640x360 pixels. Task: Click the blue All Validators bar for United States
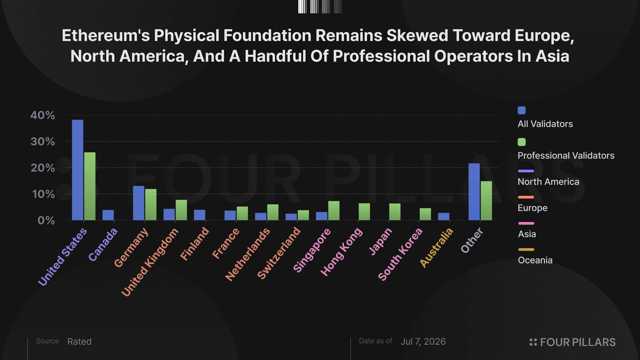click(x=78, y=170)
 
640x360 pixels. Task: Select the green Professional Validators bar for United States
click(x=90, y=186)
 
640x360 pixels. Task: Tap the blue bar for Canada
click(x=108, y=215)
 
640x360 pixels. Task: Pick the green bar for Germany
click(x=151, y=205)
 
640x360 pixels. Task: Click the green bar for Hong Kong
click(x=364, y=212)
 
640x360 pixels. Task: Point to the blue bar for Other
click(x=474, y=192)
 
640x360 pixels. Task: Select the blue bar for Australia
click(x=444, y=217)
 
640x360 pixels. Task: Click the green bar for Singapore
click(x=334, y=211)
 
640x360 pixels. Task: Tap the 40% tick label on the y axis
click(x=43, y=115)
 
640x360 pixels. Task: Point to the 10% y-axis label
click(x=43, y=194)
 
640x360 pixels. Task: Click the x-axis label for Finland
click(x=195, y=244)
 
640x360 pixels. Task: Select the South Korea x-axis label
click(x=400, y=254)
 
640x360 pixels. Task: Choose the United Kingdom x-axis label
click(x=150, y=262)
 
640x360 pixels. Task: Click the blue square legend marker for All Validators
click(x=522, y=110)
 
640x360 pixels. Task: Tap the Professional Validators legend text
click(x=566, y=156)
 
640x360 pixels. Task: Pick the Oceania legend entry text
click(x=535, y=260)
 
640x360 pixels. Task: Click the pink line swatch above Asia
click(x=526, y=223)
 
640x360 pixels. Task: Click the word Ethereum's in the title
click(x=106, y=36)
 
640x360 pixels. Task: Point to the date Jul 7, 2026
click(x=423, y=342)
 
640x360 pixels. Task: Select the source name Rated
click(x=79, y=342)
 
